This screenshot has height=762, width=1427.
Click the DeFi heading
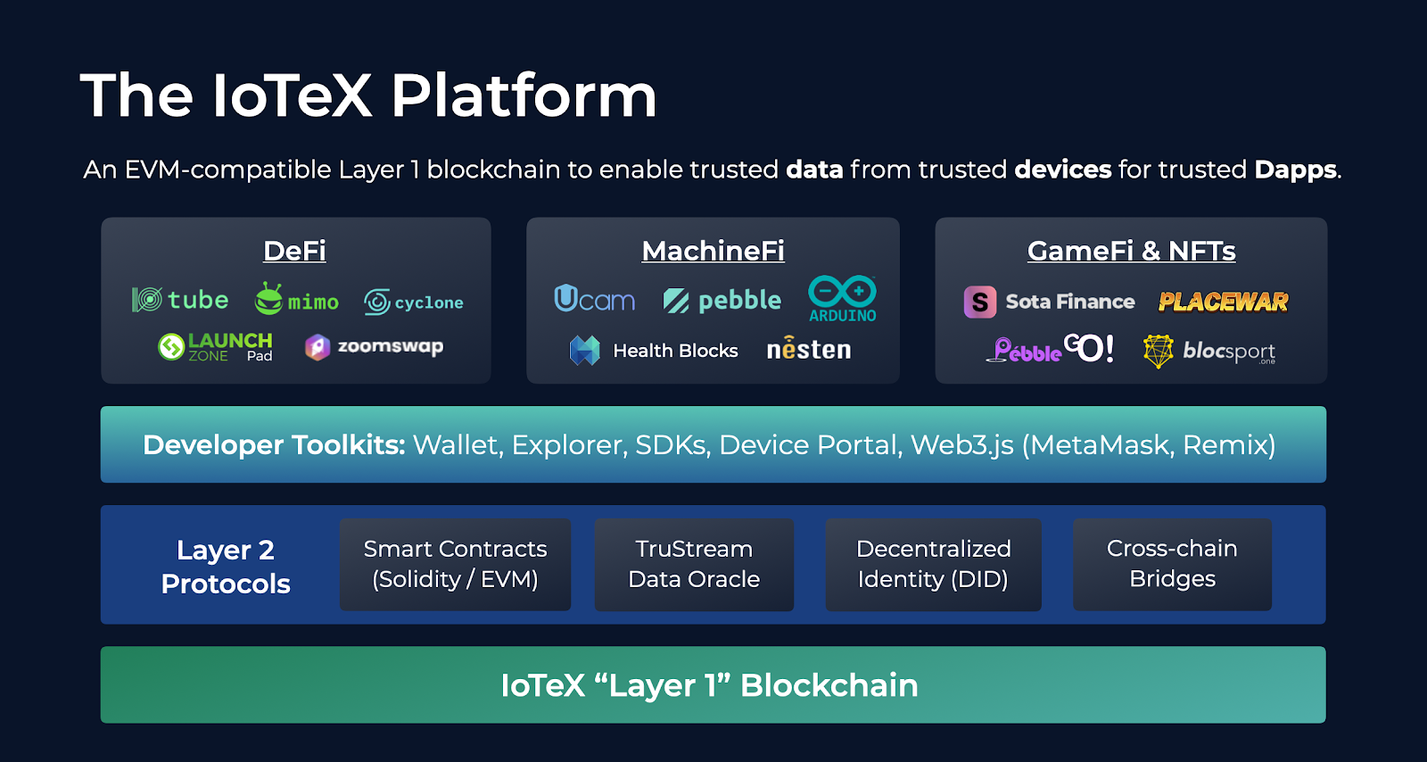(x=294, y=251)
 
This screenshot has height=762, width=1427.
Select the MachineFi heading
(x=713, y=251)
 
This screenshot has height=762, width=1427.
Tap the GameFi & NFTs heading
(x=1131, y=251)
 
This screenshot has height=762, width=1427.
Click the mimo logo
(x=297, y=300)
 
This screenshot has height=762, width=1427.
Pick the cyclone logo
(x=414, y=302)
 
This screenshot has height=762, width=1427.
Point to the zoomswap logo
(x=375, y=347)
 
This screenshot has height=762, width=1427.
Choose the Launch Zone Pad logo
(x=215, y=346)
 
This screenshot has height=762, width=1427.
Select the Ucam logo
(x=594, y=299)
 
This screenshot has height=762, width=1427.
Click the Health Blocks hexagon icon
(x=585, y=351)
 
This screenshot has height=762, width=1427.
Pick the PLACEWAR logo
(x=1223, y=302)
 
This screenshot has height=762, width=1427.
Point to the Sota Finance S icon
(x=979, y=302)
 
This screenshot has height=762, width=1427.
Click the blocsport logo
(x=1209, y=351)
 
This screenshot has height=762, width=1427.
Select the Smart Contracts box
(x=455, y=564)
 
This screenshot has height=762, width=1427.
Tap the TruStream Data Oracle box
(x=694, y=564)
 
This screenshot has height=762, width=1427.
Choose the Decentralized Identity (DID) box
(x=933, y=564)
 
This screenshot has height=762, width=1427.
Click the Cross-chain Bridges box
(x=1172, y=564)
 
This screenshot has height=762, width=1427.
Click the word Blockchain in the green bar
(x=829, y=685)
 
